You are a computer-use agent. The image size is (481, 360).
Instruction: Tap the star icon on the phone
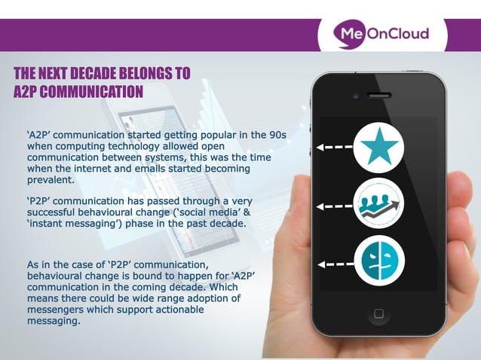[379, 148]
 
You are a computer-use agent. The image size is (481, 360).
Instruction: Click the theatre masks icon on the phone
[379, 261]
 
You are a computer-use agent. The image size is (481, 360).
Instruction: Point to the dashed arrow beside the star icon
[334, 148]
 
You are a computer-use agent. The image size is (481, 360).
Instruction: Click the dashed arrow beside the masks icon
[334, 264]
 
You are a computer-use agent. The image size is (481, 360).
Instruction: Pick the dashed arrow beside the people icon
[334, 205]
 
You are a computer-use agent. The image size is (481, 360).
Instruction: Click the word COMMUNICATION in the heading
[91, 92]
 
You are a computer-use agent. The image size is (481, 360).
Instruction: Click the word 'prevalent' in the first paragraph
[50, 180]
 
